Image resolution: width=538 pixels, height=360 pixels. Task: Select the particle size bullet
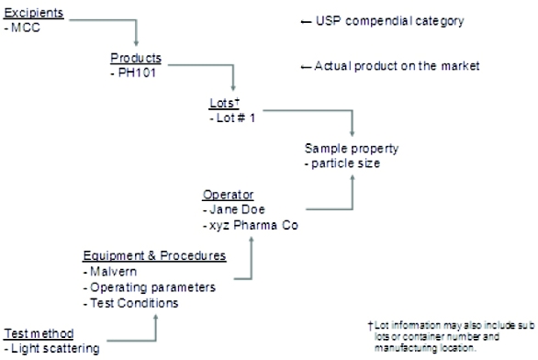click(343, 164)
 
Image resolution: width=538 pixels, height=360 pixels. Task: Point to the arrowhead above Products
click(137, 42)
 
